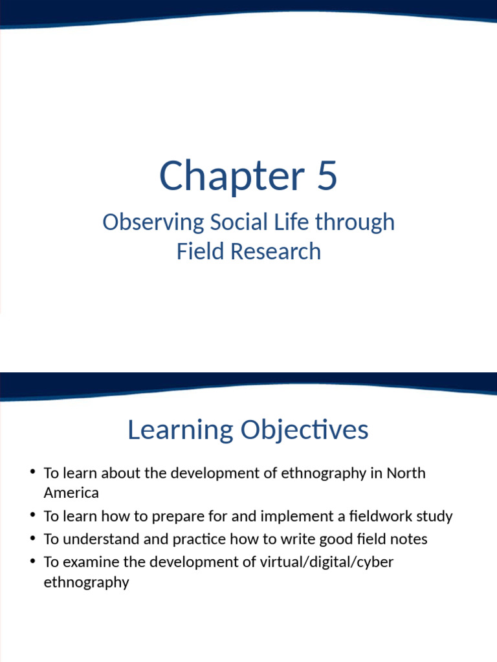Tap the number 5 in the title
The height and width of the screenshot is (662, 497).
(x=327, y=176)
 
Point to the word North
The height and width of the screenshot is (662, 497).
(x=406, y=473)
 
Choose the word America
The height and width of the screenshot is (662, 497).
(x=71, y=493)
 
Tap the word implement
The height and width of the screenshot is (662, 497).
(x=271, y=517)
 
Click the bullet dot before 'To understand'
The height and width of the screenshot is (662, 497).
(x=32, y=539)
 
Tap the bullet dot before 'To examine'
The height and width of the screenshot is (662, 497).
(x=32, y=561)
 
